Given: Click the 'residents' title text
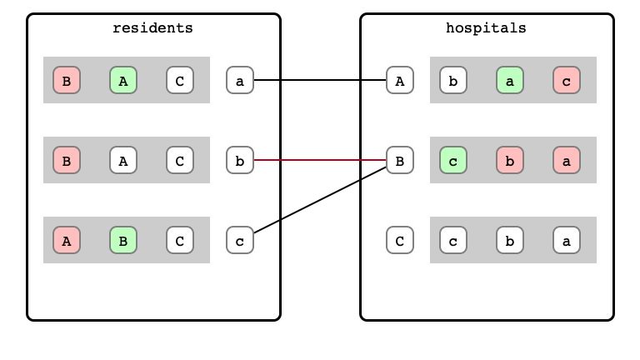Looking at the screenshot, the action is click(152, 28).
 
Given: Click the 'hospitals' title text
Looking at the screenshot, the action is click(486, 28).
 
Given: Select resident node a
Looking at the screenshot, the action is click(240, 80).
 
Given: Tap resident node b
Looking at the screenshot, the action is click(240, 160).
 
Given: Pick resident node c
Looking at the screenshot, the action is click(240, 240).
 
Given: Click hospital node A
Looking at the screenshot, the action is click(400, 80).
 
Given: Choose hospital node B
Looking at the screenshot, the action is click(400, 160).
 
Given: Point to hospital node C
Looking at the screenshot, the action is click(400, 240).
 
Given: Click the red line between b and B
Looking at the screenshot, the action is click(320, 160).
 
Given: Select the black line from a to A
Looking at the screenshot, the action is click(320, 80).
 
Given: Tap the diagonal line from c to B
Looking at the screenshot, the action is click(320, 200).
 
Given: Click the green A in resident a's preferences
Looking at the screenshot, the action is click(123, 80).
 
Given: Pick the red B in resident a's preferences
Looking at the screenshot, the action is click(67, 80).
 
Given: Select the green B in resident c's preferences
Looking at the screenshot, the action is click(123, 240).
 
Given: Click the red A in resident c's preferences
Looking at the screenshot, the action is click(67, 240).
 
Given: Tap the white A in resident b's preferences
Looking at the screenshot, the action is click(123, 160).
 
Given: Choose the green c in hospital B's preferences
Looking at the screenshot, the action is click(453, 160).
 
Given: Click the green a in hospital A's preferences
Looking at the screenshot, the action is click(510, 80).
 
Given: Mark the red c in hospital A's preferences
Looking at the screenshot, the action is click(567, 80).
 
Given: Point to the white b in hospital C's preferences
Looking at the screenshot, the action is click(510, 240).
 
